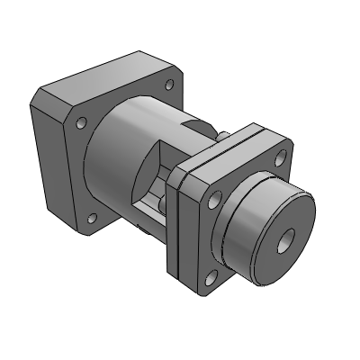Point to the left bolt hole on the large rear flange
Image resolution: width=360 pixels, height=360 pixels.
81,124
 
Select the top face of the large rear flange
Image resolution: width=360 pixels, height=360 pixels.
108,76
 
